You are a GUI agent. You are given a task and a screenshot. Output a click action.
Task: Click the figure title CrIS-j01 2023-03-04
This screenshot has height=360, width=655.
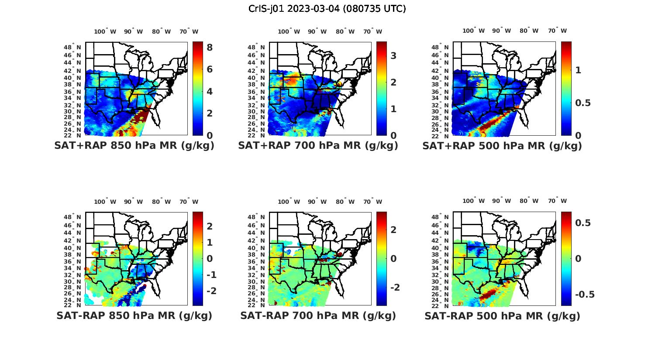(327, 9)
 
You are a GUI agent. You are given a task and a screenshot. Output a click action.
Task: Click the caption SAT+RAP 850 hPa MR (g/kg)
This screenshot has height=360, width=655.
(134, 146)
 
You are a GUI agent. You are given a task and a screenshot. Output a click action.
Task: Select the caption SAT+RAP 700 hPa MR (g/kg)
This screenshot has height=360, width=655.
(318, 146)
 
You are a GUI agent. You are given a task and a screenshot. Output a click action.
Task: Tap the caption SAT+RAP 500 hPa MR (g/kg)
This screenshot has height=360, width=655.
(502, 146)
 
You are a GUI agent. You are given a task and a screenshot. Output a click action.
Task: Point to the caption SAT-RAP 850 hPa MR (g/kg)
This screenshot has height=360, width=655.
(134, 315)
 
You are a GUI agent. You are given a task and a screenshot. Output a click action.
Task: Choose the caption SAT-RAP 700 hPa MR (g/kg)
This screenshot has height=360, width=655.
(318, 315)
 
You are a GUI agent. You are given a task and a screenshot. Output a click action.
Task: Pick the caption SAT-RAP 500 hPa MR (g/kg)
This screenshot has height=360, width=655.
(502, 315)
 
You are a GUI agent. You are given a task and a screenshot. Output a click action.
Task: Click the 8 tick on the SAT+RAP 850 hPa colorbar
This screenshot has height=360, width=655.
(210, 47)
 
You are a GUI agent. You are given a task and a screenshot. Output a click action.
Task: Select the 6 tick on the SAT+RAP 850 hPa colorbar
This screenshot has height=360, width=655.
(210, 69)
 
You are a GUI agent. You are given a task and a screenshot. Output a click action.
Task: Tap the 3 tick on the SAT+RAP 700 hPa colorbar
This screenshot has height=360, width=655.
(393, 55)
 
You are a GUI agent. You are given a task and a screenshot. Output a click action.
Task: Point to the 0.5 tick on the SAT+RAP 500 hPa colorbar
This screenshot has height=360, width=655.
(583, 103)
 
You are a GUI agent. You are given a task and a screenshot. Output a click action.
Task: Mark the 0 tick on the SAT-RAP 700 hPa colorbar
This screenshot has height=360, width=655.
(393, 258)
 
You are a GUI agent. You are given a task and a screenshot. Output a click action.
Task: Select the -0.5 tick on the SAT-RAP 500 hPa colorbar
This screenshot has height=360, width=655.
(585, 295)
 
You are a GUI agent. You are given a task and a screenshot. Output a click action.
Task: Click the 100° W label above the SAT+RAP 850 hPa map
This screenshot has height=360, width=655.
(105, 31)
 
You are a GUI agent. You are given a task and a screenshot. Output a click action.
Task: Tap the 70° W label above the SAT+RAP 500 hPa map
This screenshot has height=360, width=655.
(557, 31)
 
